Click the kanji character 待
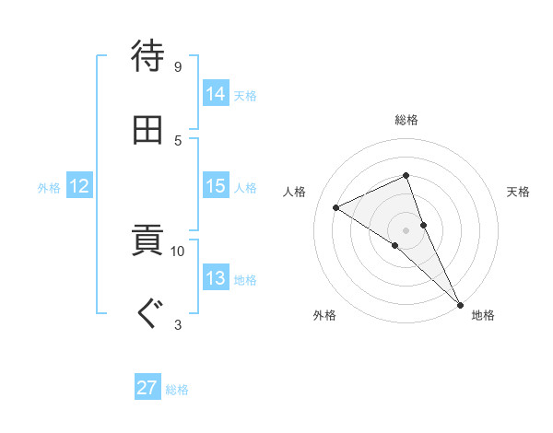147,55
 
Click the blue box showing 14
216,94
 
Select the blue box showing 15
216,187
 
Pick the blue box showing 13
216,279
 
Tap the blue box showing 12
79,187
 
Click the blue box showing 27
147,388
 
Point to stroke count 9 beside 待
177,66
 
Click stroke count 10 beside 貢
177,251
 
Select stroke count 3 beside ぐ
178,324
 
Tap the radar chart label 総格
406,120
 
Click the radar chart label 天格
519,192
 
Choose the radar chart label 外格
324,315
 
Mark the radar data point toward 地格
459,302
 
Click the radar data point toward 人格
336,207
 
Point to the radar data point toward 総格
406,175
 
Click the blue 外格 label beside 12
49,188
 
